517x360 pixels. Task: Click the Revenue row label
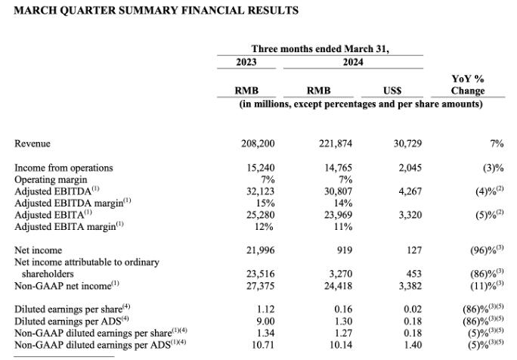33,144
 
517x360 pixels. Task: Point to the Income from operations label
63,168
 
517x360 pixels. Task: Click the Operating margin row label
51,180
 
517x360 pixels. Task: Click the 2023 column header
247,62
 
